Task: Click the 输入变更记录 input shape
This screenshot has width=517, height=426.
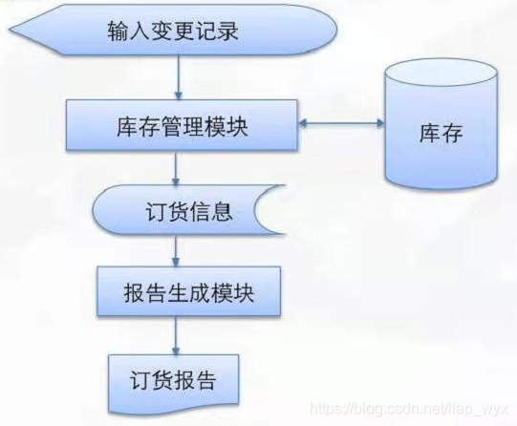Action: [x=178, y=32]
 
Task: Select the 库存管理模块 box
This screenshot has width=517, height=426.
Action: [x=178, y=126]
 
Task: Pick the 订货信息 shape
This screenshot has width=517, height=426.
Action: [x=187, y=210]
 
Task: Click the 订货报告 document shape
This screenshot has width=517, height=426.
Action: [x=172, y=380]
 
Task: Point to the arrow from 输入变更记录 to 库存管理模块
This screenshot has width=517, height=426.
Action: [x=179, y=75]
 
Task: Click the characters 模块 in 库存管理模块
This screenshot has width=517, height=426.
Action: [x=229, y=126]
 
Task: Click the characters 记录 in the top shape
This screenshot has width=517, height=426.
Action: [x=218, y=32]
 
